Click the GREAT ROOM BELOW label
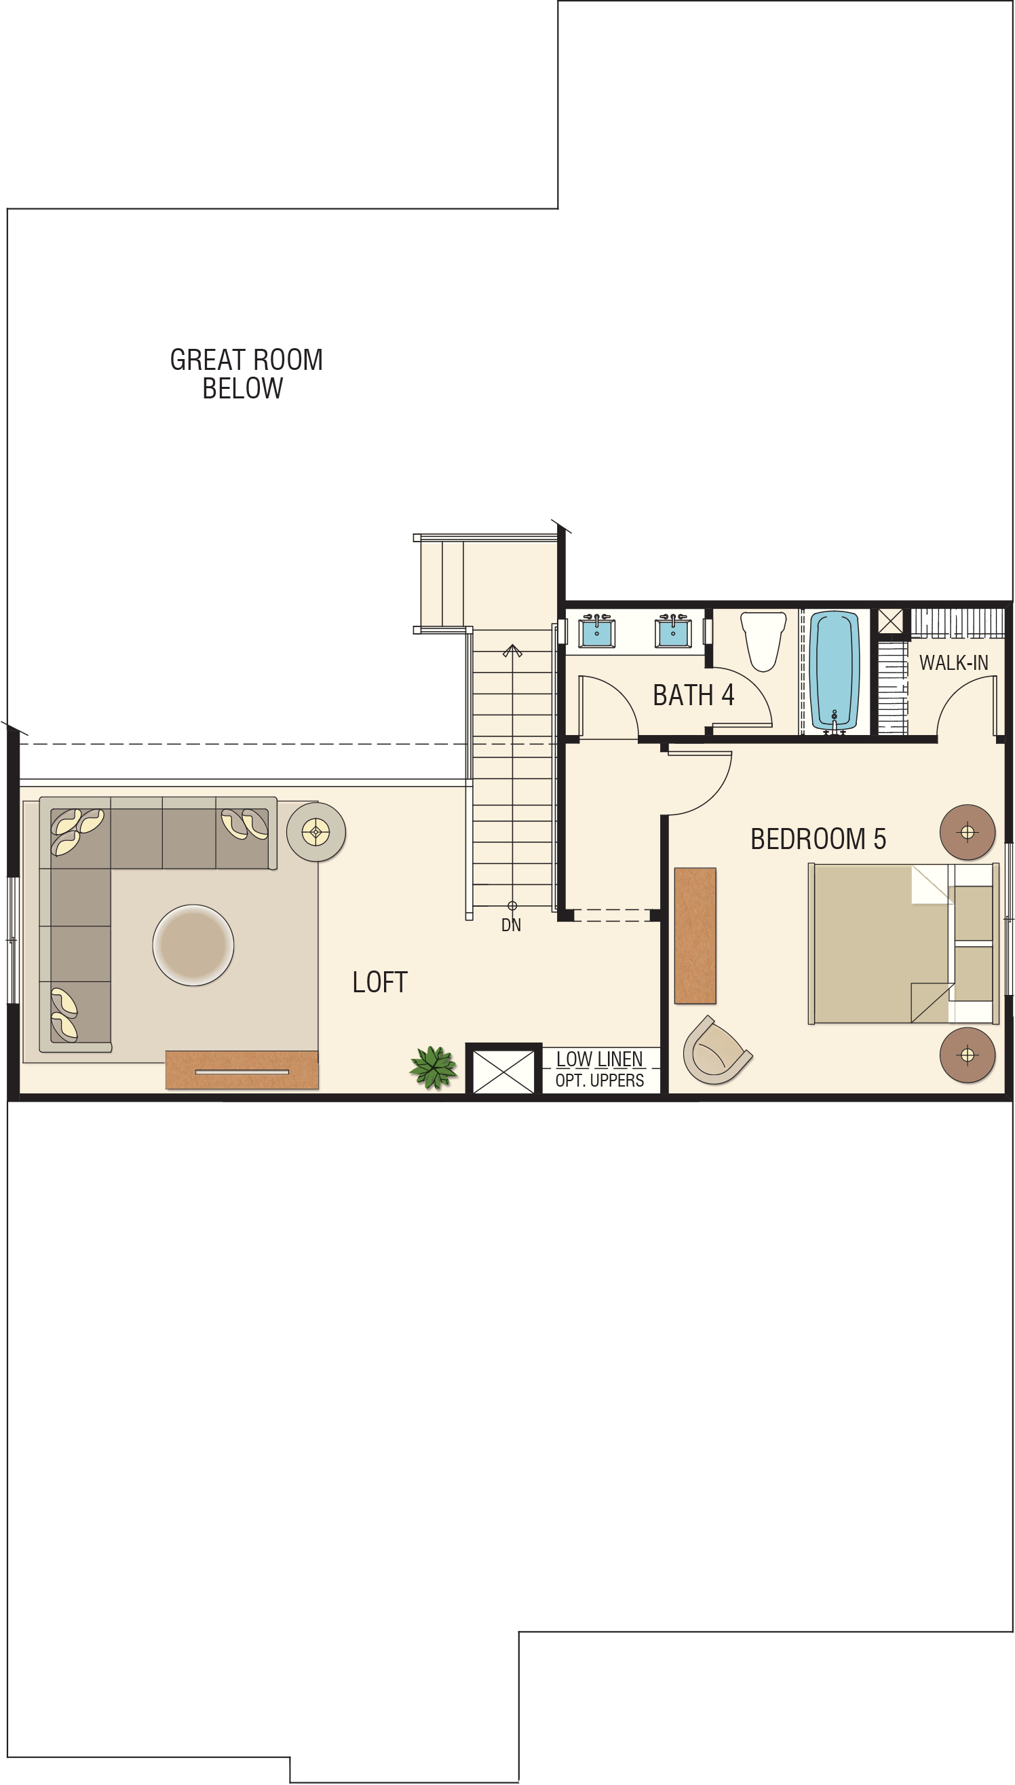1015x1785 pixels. [x=246, y=374]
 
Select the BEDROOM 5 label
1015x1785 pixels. [x=818, y=839]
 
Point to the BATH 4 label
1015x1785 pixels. [x=693, y=695]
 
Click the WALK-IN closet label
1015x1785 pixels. [x=954, y=662]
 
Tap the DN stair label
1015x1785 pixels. [x=511, y=925]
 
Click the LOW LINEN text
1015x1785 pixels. [x=600, y=1059]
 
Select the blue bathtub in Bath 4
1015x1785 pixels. [x=835, y=670]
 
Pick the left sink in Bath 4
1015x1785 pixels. [x=597, y=631]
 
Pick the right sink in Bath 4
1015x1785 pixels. [x=673, y=631]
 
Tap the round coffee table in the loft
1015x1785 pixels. [x=193, y=945]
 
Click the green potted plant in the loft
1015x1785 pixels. [x=434, y=1067]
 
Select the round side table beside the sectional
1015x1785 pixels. [x=315, y=832]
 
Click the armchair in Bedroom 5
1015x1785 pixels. [x=716, y=1051]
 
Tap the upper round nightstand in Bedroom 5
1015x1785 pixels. [x=967, y=832]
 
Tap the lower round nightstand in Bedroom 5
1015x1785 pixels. [x=967, y=1055]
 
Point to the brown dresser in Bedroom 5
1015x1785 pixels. [x=695, y=936]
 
